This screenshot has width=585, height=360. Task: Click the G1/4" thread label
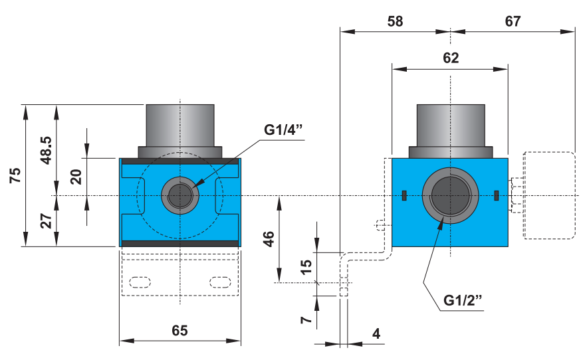(x=283, y=130)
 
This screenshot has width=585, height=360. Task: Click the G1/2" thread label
(x=463, y=300)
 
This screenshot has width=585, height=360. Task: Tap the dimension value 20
(x=76, y=177)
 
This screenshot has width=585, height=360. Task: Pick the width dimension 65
(x=179, y=330)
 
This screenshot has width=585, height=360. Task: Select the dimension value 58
(x=395, y=21)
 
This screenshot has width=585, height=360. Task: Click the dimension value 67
(x=513, y=21)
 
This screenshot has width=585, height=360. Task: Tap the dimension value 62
(x=451, y=58)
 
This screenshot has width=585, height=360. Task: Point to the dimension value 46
(x=269, y=239)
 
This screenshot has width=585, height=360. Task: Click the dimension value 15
(x=306, y=268)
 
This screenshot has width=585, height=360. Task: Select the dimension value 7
(x=306, y=319)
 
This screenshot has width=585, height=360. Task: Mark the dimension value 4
(x=376, y=333)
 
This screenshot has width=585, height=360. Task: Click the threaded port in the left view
(x=179, y=195)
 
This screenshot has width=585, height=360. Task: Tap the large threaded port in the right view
(x=451, y=195)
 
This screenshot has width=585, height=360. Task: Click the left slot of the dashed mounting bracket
(x=140, y=281)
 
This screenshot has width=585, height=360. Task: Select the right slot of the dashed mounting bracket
(x=219, y=281)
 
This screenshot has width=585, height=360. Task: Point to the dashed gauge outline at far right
(x=549, y=195)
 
